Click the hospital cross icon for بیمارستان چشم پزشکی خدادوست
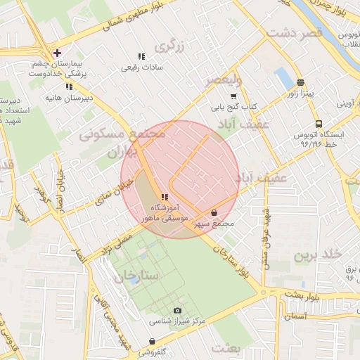point(56,53)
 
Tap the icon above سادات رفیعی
point(141,56)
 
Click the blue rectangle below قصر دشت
point(284,77)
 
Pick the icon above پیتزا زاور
point(300,82)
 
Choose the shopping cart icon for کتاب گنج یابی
point(233,96)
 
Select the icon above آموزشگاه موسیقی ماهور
point(164,198)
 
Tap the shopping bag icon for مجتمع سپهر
point(214,212)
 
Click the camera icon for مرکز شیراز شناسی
point(177,310)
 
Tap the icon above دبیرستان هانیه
point(68,86)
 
